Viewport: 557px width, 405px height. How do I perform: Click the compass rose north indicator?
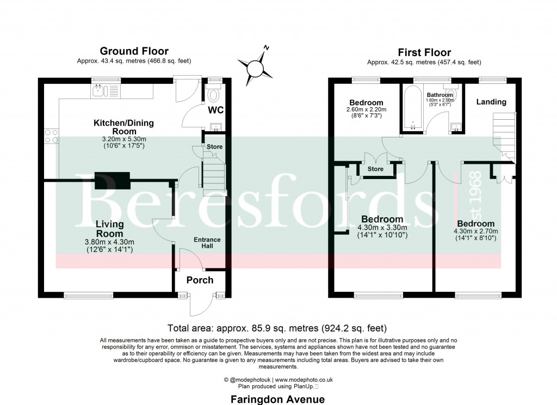tap(256, 69)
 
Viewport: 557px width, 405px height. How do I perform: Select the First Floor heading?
tap(424, 53)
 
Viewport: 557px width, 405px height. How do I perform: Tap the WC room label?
tap(216, 111)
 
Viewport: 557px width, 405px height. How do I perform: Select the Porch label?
tap(200, 280)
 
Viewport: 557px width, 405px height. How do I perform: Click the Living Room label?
tap(110, 229)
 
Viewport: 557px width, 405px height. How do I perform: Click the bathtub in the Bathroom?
tap(413, 108)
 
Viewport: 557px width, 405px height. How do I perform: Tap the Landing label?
tap(491, 102)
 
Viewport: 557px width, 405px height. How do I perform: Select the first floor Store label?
tap(375, 169)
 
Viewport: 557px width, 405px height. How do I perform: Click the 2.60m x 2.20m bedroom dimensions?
tap(366, 113)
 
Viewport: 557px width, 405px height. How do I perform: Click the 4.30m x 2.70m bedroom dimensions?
tap(475, 234)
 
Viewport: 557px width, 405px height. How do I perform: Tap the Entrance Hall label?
tap(207, 243)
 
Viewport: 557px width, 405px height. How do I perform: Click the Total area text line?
tap(278, 328)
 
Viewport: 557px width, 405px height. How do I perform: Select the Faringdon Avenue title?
tap(278, 400)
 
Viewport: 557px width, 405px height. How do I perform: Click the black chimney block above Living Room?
tap(112, 180)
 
